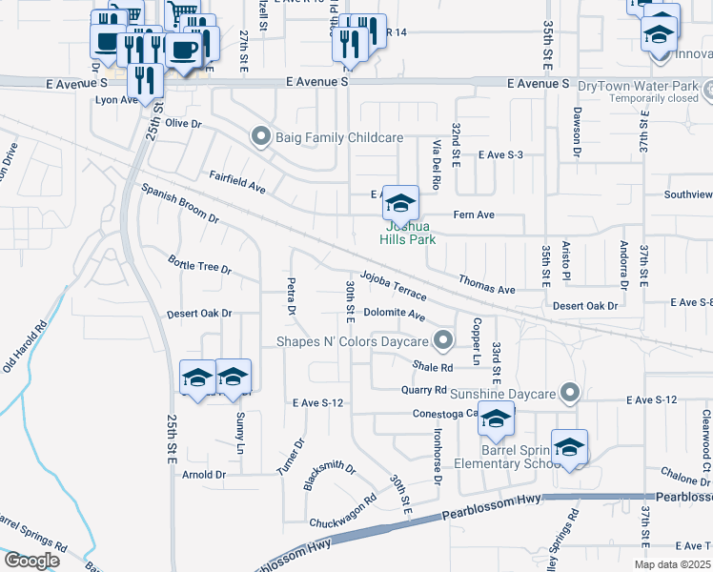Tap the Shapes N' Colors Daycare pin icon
[x=442, y=340]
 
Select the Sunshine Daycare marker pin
[x=570, y=393]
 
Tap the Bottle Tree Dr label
[x=199, y=264]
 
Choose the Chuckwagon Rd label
[x=343, y=512]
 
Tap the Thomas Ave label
[x=486, y=283]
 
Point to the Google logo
[x=31, y=560]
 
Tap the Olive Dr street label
[x=184, y=124]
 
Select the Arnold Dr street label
[x=204, y=474]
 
